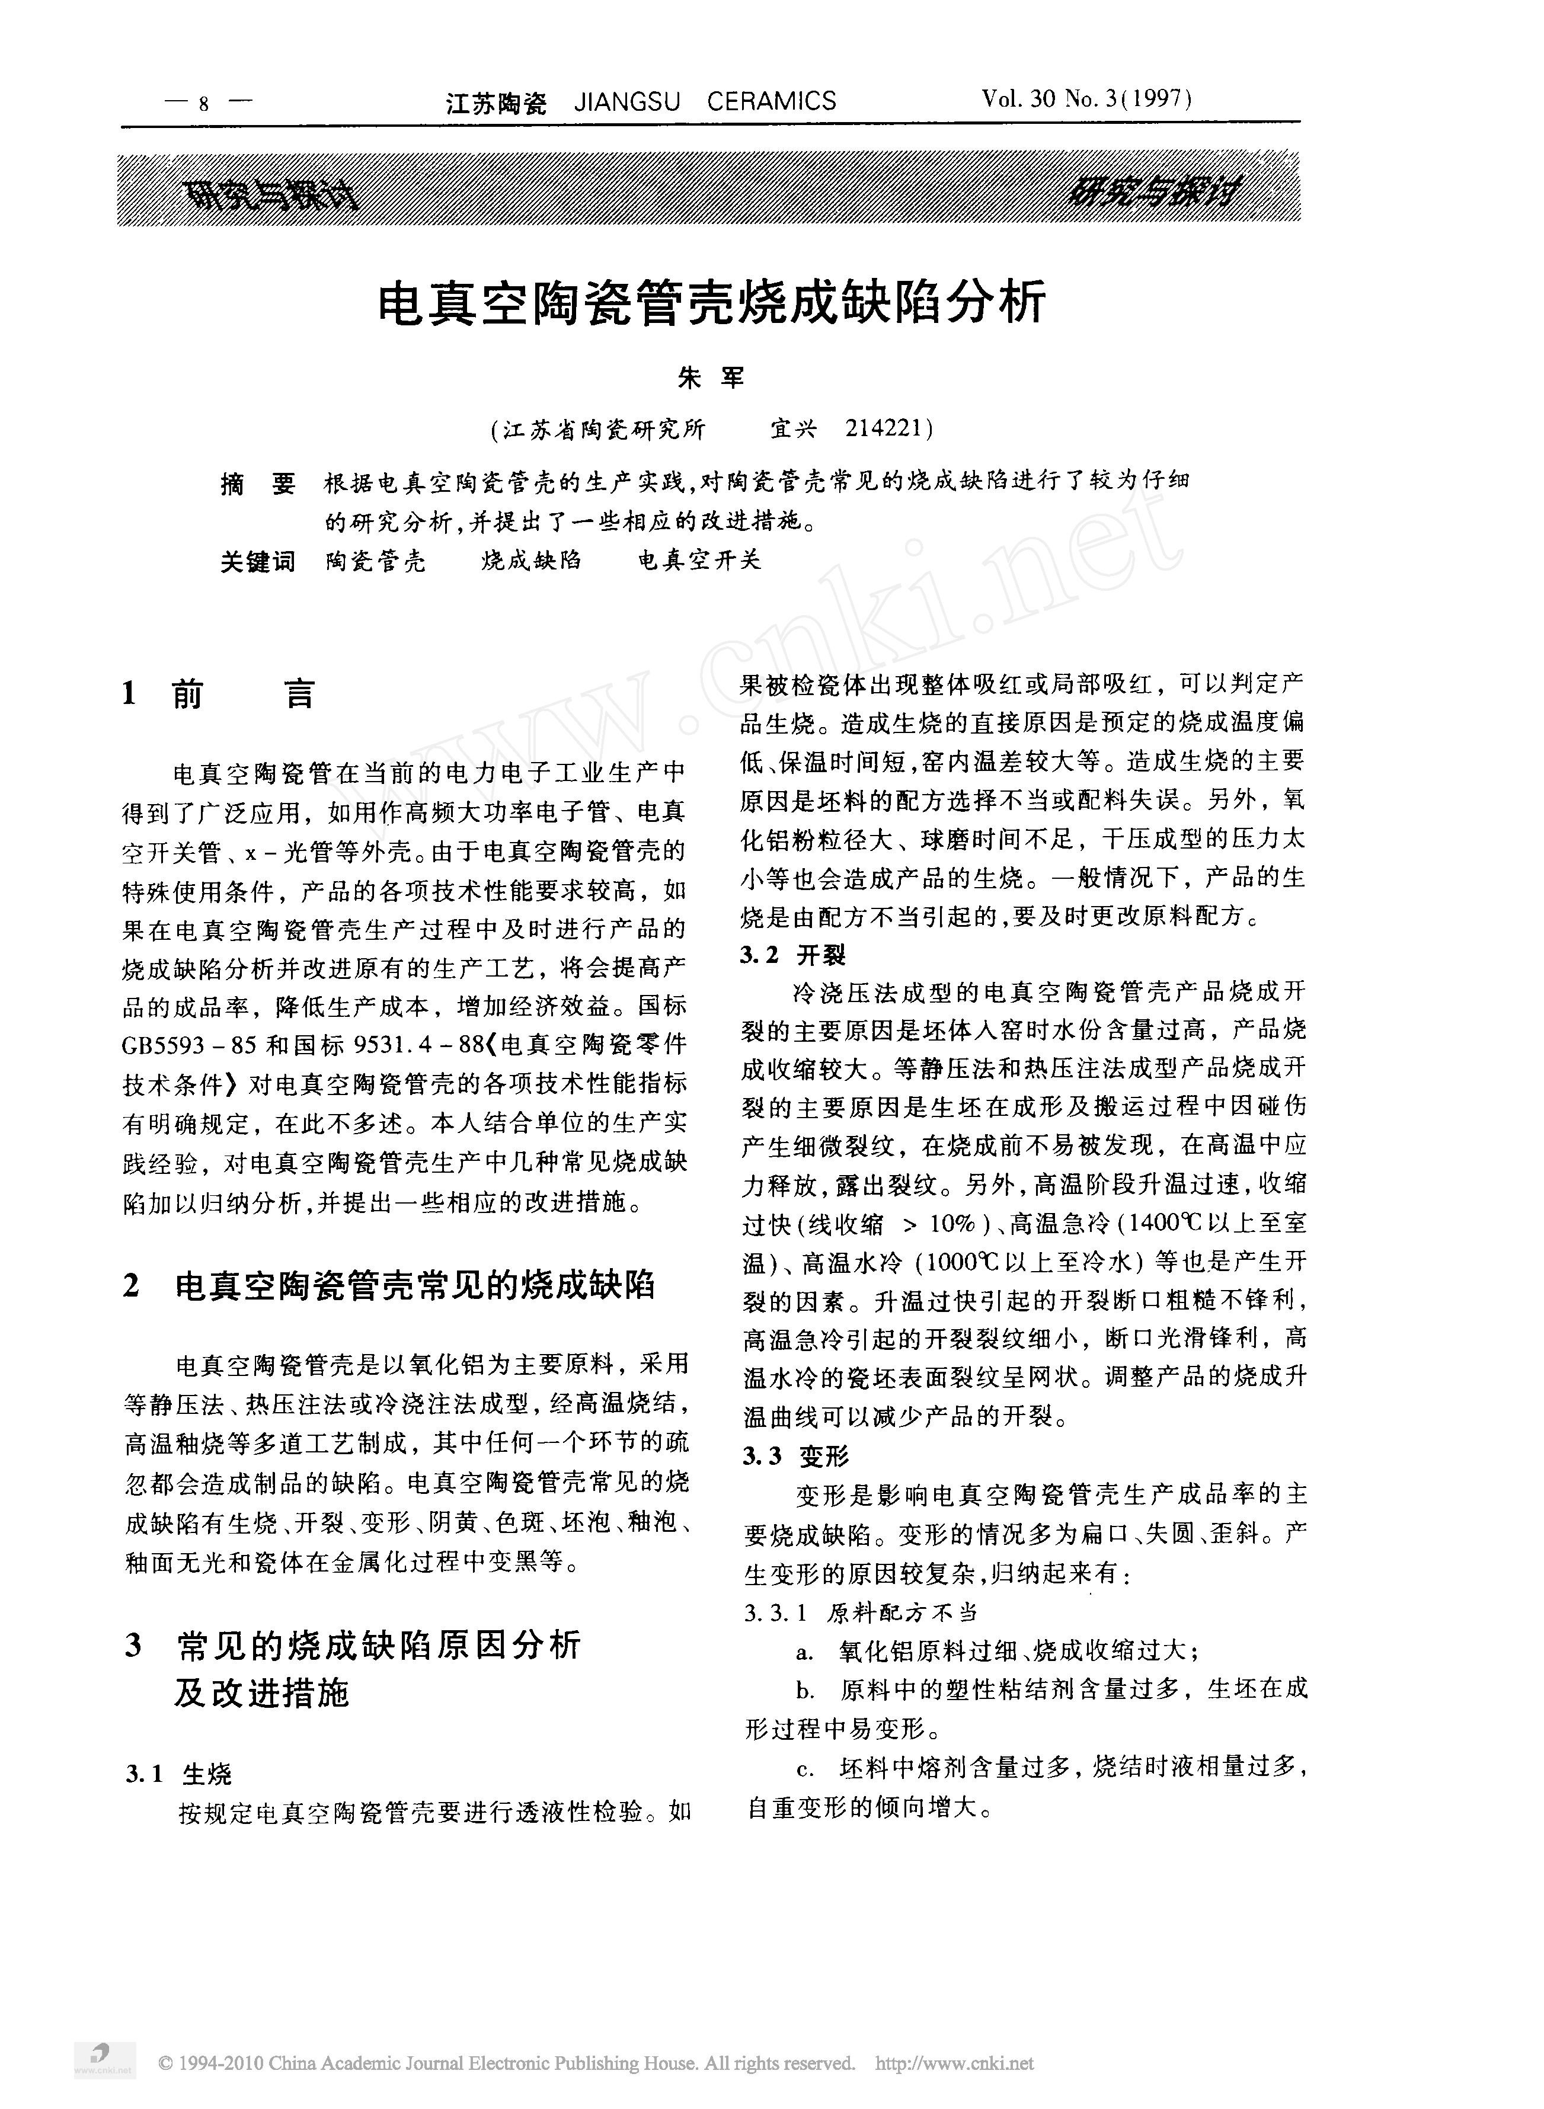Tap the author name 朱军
[709, 379]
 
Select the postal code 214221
[883, 429]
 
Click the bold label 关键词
[258, 561]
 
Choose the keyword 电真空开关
[699, 561]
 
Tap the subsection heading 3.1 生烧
[178, 1774]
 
